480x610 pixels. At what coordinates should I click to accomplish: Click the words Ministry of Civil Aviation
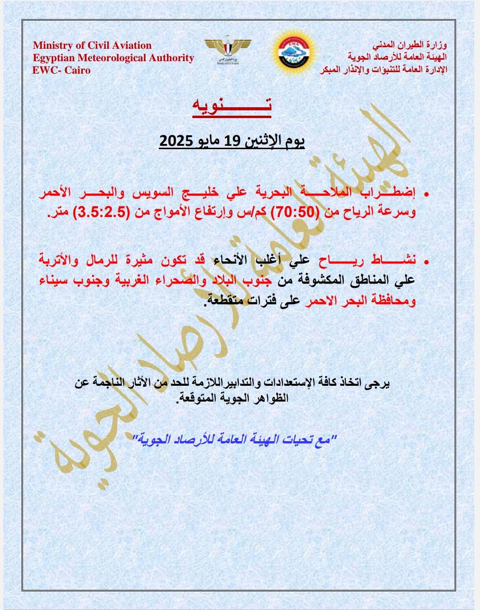(x=92, y=46)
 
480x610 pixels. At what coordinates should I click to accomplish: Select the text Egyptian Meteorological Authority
(x=113, y=58)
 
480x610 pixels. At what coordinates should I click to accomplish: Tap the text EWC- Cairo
(x=61, y=70)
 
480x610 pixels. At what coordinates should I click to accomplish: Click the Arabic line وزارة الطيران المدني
(x=411, y=46)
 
